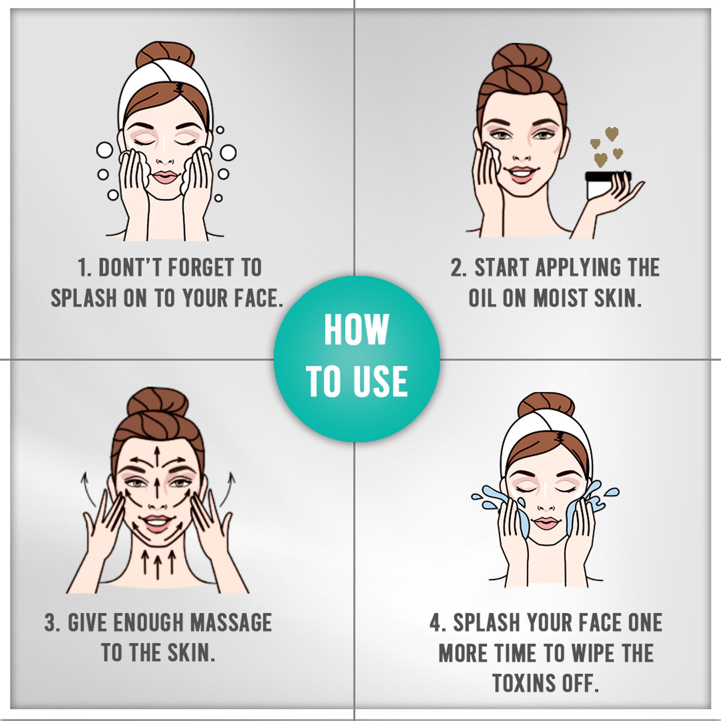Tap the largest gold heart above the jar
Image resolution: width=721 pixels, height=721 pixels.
pos(611,134)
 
